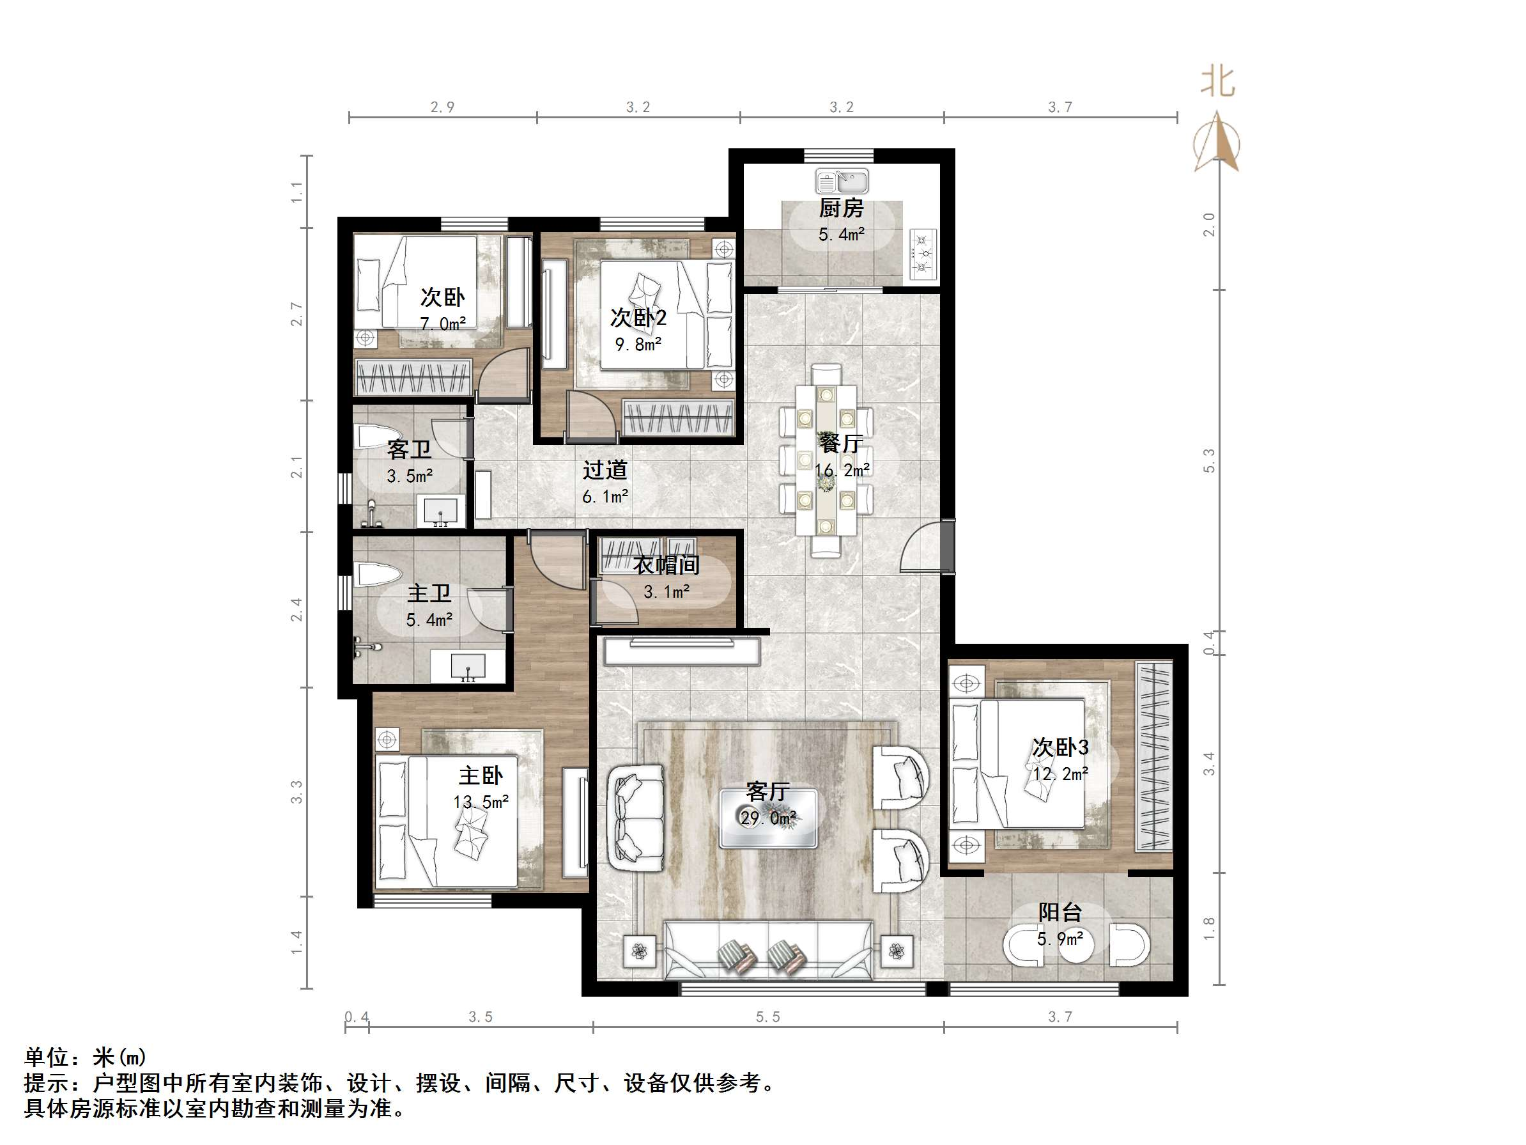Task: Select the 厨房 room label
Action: coord(841,208)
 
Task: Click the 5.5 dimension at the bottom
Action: coord(768,1016)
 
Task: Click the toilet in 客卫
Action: coord(378,437)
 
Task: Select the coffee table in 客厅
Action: coord(768,818)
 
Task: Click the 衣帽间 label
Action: coord(667,565)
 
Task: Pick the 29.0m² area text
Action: coord(768,818)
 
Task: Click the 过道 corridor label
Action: coord(605,470)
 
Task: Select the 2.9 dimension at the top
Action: coord(442,107)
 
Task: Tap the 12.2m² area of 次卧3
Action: coord(1060,774)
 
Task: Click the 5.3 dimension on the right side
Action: coord(1208,460)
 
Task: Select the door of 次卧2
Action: coord(590,416)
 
